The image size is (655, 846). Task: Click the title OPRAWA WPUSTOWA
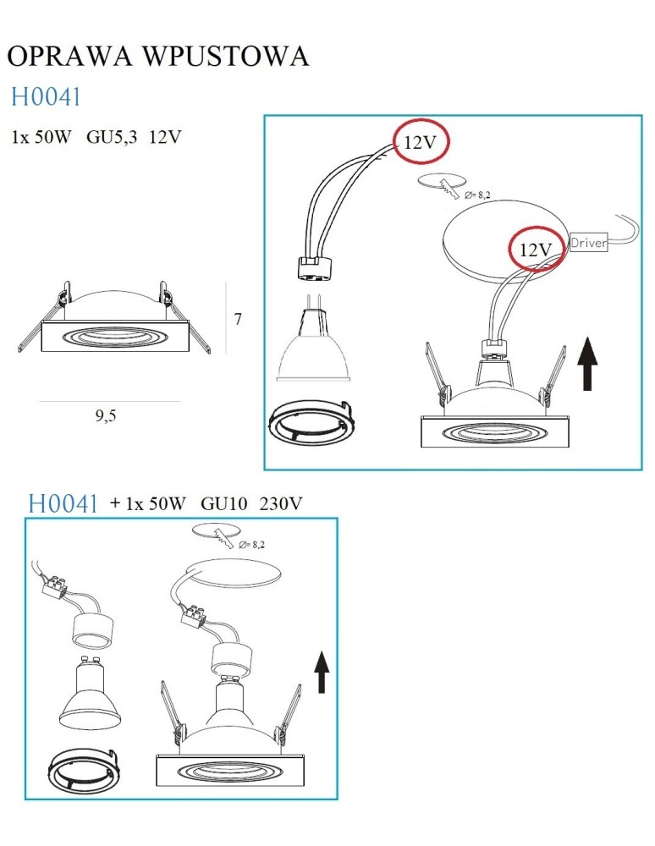point(157,56)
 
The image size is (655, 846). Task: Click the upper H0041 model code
point(46,97)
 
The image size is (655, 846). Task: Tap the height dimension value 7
point(238,320)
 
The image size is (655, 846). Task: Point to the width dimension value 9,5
point(105,416)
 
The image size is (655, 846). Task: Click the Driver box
point(589,243)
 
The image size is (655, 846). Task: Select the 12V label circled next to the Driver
point(535,250)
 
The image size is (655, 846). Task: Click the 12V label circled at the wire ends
point(421,143)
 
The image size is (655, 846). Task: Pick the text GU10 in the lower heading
point(223,503)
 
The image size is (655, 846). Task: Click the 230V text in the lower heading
point(280,503)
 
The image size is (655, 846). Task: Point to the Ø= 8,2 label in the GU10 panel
point(251,543)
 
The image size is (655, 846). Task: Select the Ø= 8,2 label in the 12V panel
point(477,195)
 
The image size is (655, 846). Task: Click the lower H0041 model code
point(63,503)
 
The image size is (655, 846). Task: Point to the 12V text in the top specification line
point(164,137)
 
